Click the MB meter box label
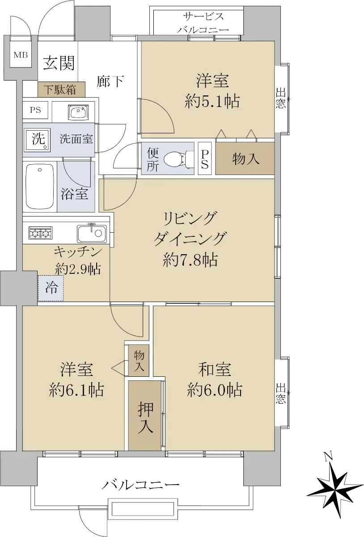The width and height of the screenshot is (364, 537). click(x=21, y=55)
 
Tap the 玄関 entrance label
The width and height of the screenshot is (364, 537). click(x=59, y=63)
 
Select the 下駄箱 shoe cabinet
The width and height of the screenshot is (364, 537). click(x=61, y=89)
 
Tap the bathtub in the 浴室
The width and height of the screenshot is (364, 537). click(x=39, y=187)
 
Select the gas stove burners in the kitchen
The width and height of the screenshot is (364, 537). click(x=41, y=233)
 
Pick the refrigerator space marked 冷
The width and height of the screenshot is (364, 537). click(x=51, y=288)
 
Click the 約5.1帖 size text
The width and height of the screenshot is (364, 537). click(x=212, y=102)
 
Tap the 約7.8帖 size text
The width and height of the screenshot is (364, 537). click(x=190, y=260)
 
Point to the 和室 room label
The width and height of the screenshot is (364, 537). click(x=215, y=370)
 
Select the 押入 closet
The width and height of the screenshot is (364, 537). click(x=145, y=415)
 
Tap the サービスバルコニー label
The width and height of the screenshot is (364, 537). click(x=203, y=23)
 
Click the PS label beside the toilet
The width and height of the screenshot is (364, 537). click(x=204, y=158)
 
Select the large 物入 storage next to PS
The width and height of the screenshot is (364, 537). click(x=245, y=158)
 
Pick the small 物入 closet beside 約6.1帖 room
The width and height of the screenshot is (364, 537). click(x=139, y=361)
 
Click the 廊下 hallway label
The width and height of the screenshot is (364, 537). click(x=110, y=81)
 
